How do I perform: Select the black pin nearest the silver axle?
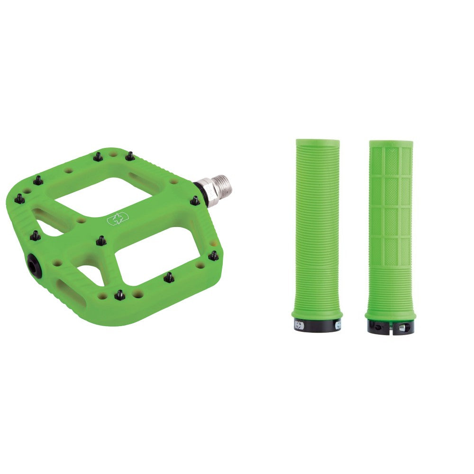point(195,201)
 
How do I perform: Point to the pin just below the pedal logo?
point(101,241)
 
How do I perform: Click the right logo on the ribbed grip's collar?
point(338,325)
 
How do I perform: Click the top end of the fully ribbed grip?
point(318,142)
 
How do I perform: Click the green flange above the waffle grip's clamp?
point(391,316)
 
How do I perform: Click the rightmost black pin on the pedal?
point(214,256)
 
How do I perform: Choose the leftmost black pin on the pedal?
point(19,199)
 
